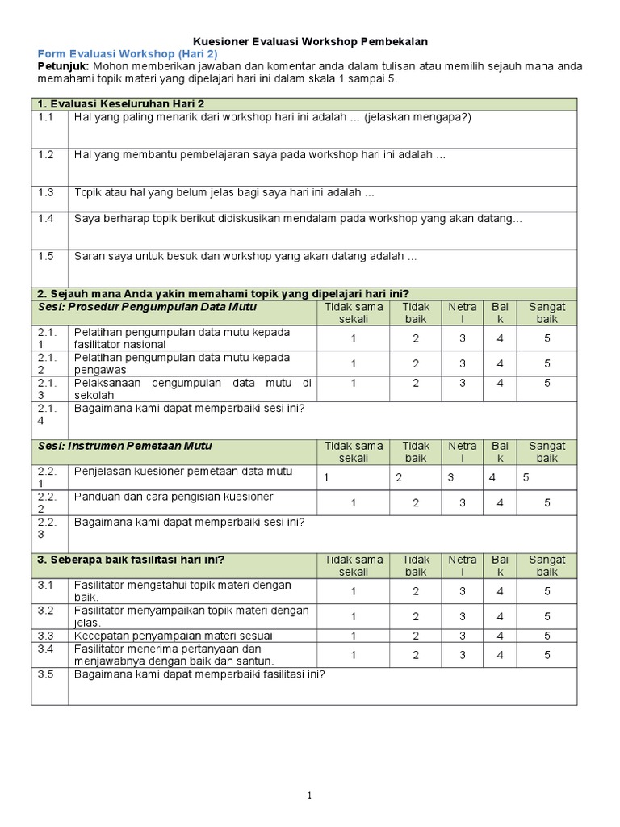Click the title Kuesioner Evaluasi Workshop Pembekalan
coord(310,40)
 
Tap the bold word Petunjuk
coord(64,66)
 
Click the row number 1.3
coord(45,193)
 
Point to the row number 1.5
coord(45,256)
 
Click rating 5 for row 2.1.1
coord(547,338)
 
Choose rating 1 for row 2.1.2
coord(354,363)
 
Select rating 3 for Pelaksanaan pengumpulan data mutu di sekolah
coord(463,383)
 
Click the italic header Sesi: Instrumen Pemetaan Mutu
coord(125,446)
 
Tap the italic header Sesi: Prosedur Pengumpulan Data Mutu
coord(147,307)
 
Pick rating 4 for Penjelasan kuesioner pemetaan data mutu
coord(492,477)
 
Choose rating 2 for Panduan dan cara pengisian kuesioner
coord(416,502)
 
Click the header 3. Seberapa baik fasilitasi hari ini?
coord(131,560)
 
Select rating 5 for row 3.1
coord(547,590)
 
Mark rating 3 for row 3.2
coord(463,616)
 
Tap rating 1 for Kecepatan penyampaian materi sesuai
coord(354,636)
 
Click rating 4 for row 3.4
coord(501,655)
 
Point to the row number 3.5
coord(45,674)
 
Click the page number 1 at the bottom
coord(309,796)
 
